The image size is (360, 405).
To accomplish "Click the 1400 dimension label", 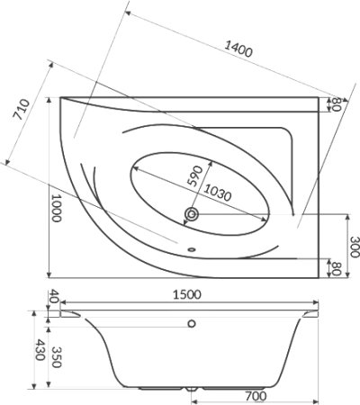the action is click(x=238, y=49).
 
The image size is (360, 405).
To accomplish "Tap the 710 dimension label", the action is click(x=22, y=110).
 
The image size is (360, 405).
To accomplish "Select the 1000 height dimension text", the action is click(x=57, y=208).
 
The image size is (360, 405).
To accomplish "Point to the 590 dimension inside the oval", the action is click(x=194, y=175).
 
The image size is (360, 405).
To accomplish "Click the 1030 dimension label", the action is click(x=218, y=193).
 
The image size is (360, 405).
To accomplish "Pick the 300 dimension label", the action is click(x=355, y=247).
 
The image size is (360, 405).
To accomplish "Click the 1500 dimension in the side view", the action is click(x=187, y=294).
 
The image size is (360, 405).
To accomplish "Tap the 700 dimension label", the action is click(x=256, y=396).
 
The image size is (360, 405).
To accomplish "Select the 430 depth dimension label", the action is click(x=40, y=350).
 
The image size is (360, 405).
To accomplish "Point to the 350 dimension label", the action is click(x=57, y=357).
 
